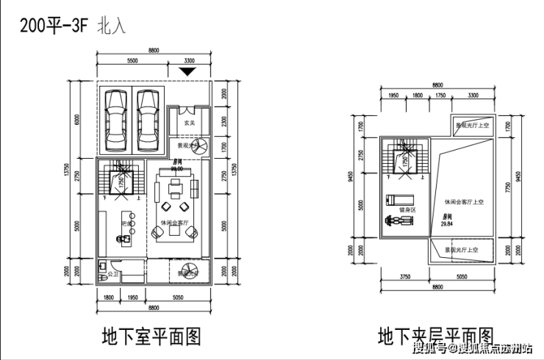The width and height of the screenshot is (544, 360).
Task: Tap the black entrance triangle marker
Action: (188, 71)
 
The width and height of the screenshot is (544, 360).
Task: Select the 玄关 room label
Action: (189, 123)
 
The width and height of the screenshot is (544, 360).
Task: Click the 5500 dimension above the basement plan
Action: (133, 60)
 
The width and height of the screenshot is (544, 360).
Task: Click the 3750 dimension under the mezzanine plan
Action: (404, 278)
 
